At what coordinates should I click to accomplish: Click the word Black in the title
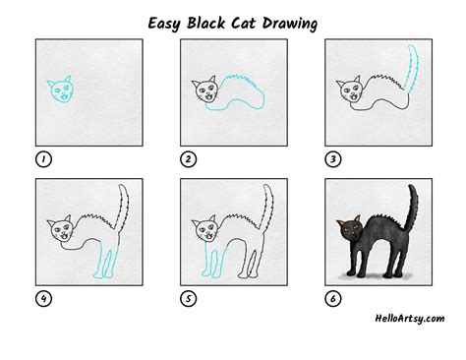coord(209,21)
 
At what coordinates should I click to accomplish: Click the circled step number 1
coord(42,157)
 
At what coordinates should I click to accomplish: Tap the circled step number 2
coord(186,157)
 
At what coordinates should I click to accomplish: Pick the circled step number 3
coord(331,157)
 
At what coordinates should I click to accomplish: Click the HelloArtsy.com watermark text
coord(405,318)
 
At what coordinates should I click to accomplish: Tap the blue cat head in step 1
coord(60,90)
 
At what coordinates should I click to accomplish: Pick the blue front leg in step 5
coord(209,261)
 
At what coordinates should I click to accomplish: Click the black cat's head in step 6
coord(351,231)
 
